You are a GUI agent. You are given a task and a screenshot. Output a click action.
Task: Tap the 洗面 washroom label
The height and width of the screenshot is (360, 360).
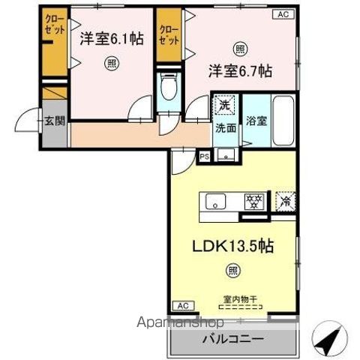click(x=225, y=127)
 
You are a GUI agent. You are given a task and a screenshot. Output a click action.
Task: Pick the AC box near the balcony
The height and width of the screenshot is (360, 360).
click(x=182, y=305)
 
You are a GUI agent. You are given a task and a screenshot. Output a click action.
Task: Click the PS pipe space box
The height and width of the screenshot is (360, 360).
click(x=204, y=156)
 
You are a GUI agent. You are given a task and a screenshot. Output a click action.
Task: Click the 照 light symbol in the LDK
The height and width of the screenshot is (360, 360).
click(x=233, y=270)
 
